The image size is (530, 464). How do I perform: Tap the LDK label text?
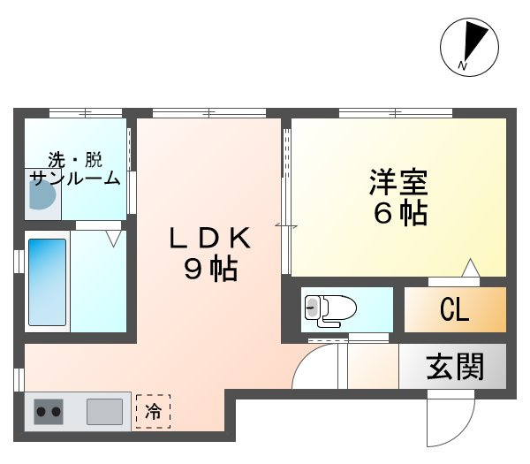tap(212, 239)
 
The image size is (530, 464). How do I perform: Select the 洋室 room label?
tap(398, 184)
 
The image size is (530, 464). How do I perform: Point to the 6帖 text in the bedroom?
tap(399, 214)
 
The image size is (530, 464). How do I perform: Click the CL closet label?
tap(454, 311)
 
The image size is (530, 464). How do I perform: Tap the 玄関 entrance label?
tap(455, 366)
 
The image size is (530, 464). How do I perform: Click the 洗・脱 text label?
tap(74, 160)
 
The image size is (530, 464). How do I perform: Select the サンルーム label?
tap(74, 178)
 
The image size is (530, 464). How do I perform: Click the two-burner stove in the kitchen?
tap(48, 410)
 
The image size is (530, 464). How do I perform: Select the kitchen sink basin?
tap(104, 411)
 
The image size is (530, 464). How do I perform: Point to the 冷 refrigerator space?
tap(153, 411)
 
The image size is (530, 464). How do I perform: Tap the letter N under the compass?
tap(462, 66)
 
